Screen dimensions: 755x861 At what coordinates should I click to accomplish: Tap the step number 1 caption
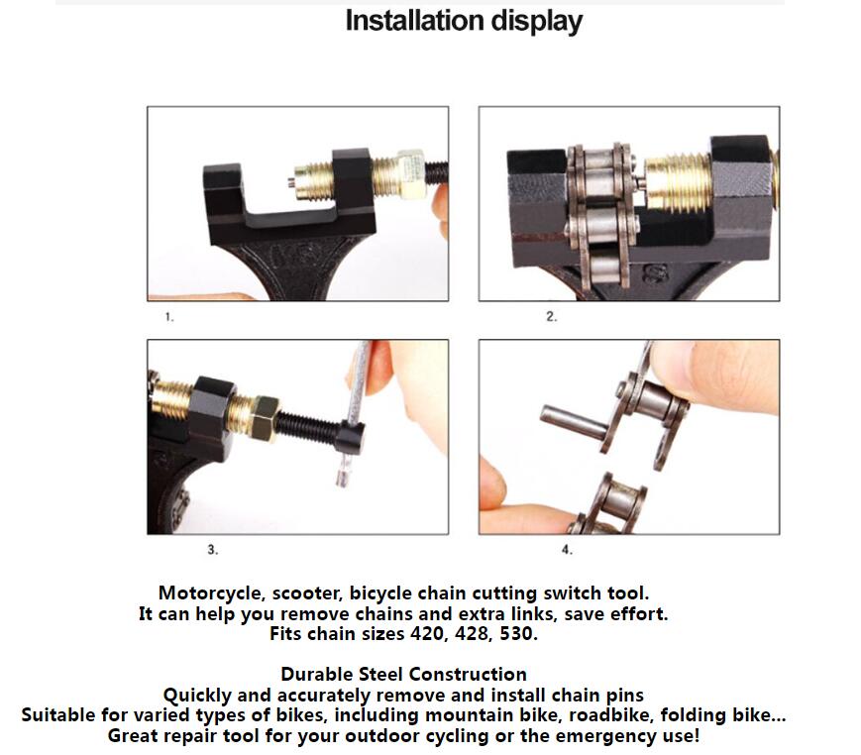(169, 318)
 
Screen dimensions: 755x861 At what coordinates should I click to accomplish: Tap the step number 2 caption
(552, 318)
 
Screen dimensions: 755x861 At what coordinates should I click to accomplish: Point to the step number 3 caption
(212, 548)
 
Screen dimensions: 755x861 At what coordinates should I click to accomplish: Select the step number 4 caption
(567, 549)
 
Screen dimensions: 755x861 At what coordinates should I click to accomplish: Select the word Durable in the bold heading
(316, 675)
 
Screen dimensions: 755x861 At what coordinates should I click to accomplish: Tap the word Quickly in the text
(200, 695)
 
